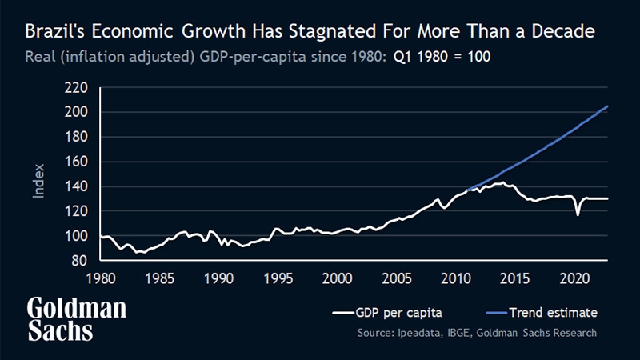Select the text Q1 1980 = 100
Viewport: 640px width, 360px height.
click(x=442, y=58)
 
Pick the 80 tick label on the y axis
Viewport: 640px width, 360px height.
click(x=78, y=261)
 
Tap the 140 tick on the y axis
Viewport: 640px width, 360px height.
click(x=75, y=186)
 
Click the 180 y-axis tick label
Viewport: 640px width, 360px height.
click(x=75, y=137)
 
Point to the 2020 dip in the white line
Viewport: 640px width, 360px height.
click(x=578, y=214)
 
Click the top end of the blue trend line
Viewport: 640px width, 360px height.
click(x=608, y=106)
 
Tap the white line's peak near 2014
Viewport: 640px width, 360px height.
click(x=502, y=183)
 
